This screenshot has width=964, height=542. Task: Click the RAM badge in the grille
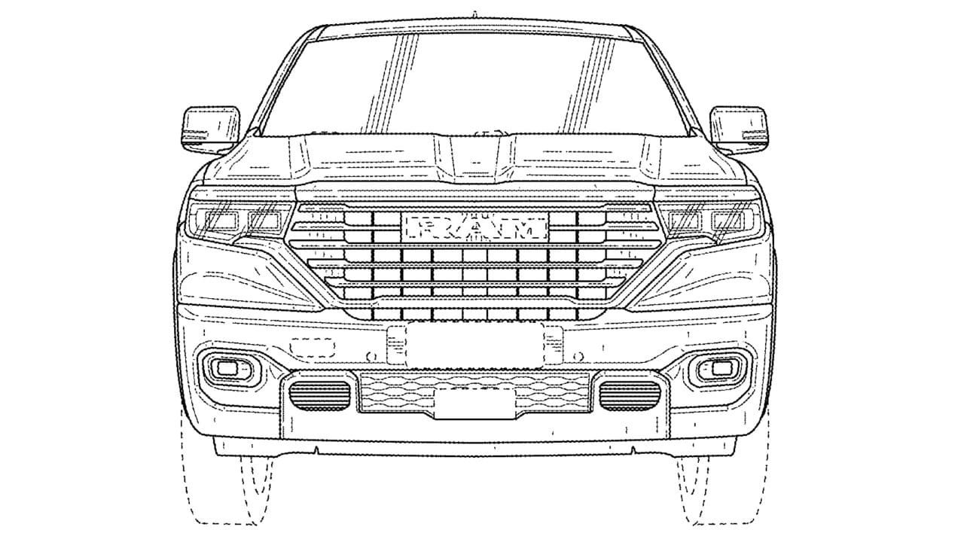coord(474,227)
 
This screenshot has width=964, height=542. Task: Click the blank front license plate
coord(474,346)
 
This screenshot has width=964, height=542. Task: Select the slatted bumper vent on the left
coord(319,395)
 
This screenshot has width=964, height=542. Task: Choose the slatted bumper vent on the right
coord(630,395)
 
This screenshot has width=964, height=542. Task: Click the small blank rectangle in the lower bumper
coord(475,403)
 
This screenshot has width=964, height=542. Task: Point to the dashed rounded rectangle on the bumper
coord(313,348)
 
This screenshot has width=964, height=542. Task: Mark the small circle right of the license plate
coord(579,356)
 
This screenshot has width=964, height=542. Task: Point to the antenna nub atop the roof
coord(474,14)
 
